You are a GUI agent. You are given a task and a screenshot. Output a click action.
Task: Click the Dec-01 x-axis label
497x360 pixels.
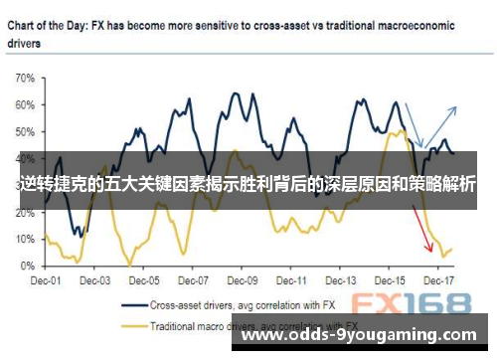pos(47,281)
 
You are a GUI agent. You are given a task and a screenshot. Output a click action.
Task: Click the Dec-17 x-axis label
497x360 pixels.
pos(437,281)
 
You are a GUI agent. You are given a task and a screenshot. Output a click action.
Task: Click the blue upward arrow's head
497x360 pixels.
pos(454,108)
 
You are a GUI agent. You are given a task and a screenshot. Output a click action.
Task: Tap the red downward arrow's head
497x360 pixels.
pos(429,249)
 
